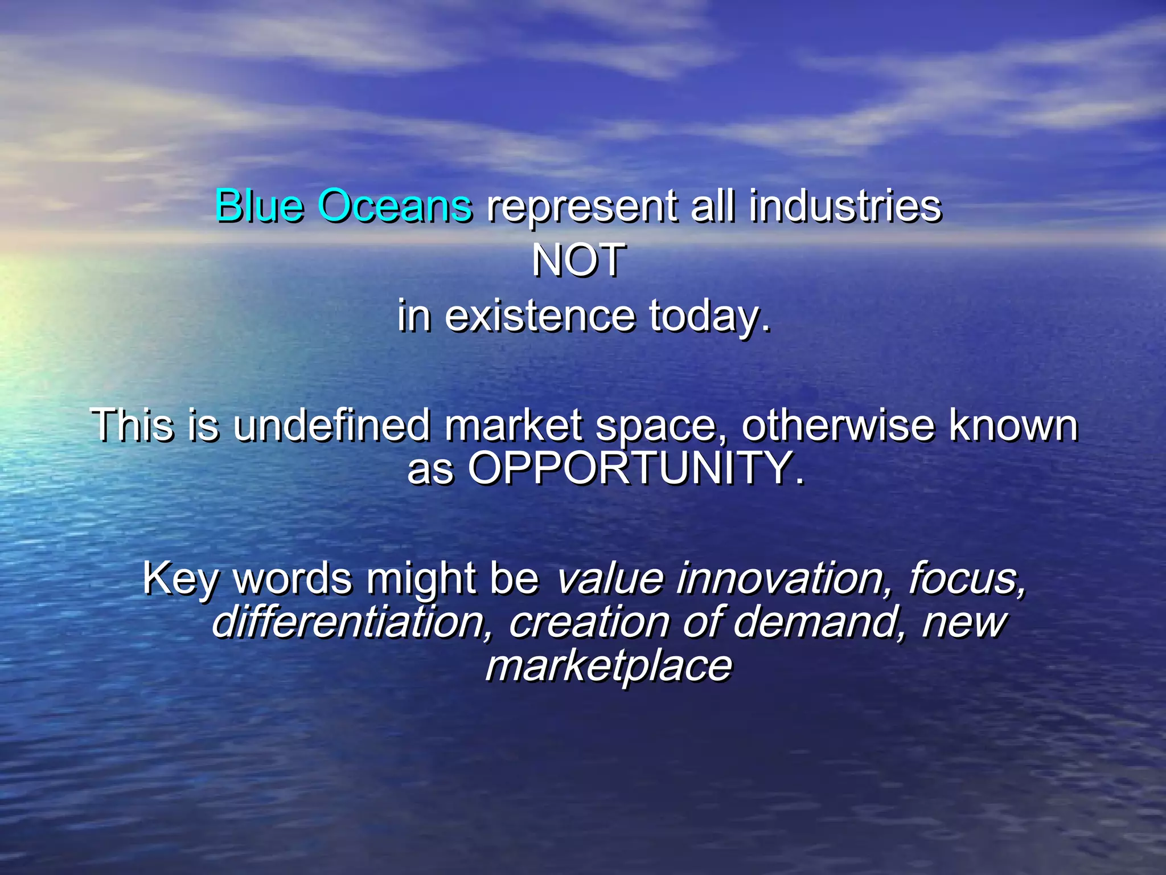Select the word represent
tap(582, 206)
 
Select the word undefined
tap(332, 425)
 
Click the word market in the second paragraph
tap(514, 425)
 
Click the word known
tap(1013, 425)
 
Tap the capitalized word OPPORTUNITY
tap(635, 468)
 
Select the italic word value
tap(609, 578)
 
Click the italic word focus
tap(967, 578)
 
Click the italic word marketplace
tap(608, 666)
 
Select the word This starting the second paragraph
tap(132, 425)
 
